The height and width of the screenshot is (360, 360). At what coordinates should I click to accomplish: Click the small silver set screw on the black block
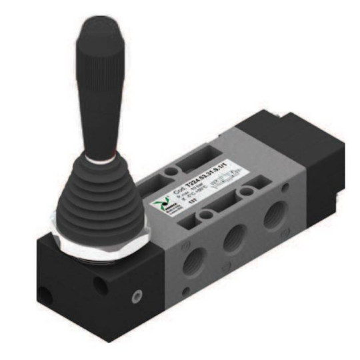(137, 293)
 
